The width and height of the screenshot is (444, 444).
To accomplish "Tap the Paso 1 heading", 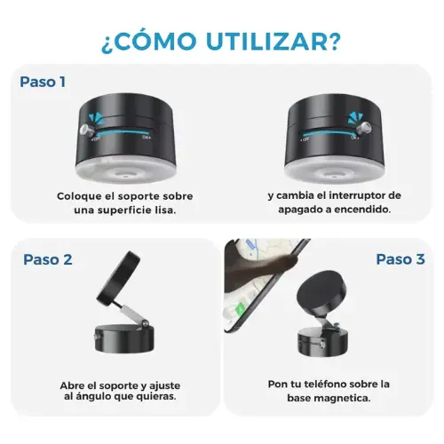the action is (x=43, y=82).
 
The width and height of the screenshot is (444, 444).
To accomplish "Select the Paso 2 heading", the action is (x=48, y=259).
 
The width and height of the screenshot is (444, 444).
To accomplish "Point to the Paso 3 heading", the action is (x=400, y=259).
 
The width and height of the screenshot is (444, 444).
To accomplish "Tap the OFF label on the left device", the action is (x=96, y=139).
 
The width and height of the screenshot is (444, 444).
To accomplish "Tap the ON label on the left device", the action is (x=146, y=137).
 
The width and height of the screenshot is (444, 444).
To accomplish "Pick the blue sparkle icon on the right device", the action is (x=354, y=118).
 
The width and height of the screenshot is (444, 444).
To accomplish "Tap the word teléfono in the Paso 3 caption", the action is (x=326, y=385).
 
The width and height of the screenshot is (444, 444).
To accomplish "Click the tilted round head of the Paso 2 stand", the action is (x=118, y=276).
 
